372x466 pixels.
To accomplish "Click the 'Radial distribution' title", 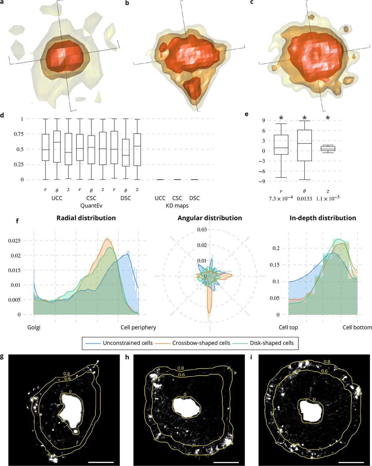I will click(x=86, y=218).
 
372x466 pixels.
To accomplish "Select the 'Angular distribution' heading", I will click(x=210, y=218).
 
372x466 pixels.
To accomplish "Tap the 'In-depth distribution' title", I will click(x=323, y=218).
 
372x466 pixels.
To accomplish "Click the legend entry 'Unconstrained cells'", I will click(x=127, y=343).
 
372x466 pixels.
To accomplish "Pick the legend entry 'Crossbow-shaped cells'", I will click(x=201, y=343).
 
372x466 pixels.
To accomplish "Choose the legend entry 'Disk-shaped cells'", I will click(x=272, y=343).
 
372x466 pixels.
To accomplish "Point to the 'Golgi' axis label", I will click(x=34, y=327).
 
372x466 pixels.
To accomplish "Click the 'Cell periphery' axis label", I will click(x=138, y=327).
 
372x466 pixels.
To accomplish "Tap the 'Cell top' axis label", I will click(x=288, y=327).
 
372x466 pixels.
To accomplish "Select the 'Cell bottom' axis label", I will click(x=357, y=327).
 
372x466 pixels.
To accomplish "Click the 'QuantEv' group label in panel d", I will click(x=91, y=206).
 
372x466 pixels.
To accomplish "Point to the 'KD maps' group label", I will click(x=177, y=206).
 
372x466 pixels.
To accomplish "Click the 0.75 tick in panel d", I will click(x=18, y=134).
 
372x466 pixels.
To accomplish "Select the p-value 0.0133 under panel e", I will click(x=304, y=199).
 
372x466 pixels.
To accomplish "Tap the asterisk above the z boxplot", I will click(x=328, y=118).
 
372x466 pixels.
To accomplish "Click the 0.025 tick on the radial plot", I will click(x=14, y=241).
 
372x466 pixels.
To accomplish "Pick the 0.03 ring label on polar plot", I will click(x=202, y=230).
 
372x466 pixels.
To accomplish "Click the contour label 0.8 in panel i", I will click(x=327, y=362).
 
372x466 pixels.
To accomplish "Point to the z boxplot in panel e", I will click(x=328, y=148).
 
